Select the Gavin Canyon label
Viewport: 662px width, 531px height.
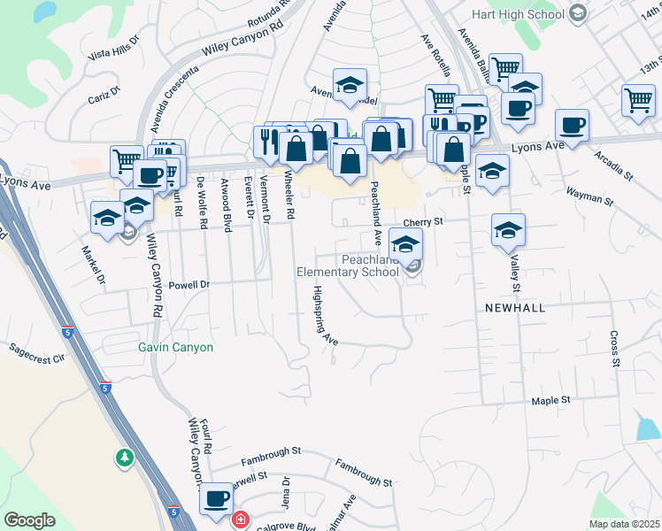click(x=175, y=347)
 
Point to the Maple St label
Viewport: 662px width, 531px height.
click(x=550, y=401)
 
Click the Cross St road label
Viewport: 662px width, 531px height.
click(x=614, y=350)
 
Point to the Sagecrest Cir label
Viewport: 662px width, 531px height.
click(x=37, y=358)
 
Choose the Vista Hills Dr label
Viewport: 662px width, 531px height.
click(x=114, y=48)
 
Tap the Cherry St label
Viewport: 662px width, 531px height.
click(x=422, y=224)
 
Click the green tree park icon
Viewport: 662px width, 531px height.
click(x=124, y=458)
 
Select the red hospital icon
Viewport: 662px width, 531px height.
click(x=240, y=519)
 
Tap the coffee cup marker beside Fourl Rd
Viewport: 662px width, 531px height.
click(x=216, y=498)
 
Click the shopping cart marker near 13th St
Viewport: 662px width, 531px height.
click(x=637, y=100)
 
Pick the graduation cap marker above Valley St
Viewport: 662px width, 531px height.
click(x=509, y=229)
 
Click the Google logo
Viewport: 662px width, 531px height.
click(x=29, y=520)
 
